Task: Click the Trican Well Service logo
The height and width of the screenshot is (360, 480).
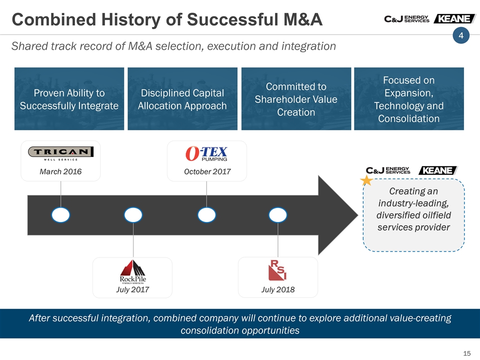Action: pyautogui.click(x=60, y=153)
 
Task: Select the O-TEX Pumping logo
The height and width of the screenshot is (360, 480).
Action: pyautogui.click(x=206, y=153)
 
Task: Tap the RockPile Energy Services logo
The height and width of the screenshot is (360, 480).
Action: pyautogui.click(x=133, y=272)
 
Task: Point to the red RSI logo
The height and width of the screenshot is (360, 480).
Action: pyautogui.click(x=277, y=270)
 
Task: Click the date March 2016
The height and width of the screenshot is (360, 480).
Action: pyautogui.click(x=60, y=171)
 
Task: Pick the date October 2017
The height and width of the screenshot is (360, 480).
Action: pyautogui.click(x=207, y=171)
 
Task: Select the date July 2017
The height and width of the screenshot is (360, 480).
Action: pyautogui.click(x=132, y=289)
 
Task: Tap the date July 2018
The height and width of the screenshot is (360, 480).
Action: pyautogui.click(x=278, y=289)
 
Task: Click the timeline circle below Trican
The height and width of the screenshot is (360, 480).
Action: pyautogui.click(x=60, y=215)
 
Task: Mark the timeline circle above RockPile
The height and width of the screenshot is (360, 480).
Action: pyautogui.click(x=133, y=215)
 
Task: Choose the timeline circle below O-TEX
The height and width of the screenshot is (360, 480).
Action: pyautogui.click(x=206, y=215)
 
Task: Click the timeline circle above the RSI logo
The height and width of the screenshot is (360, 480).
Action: pyautogui.click(x=278, y=215)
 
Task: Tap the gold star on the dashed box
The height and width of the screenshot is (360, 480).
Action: pyautogui.click(x=366, y=180)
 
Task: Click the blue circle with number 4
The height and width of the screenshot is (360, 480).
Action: pyautogui.click(x=461, y=35)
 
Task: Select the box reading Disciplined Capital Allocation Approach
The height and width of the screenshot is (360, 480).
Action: pyautogui.click(x=182, y=99)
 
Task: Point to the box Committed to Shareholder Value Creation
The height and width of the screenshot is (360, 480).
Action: pyautogui.click(x=296, y=99)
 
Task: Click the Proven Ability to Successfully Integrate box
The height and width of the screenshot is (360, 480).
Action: pyautogui.click(x=69, y=99)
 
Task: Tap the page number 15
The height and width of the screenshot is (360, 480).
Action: pyautogui.click(x=467, y=353)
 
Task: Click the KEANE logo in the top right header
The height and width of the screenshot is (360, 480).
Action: pyautogui.click(x=454, y=18)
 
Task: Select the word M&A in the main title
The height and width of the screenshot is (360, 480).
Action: pyautogui.click(x=303, y=19)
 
